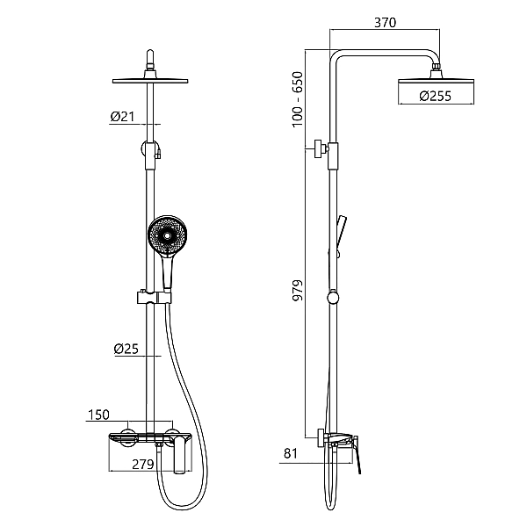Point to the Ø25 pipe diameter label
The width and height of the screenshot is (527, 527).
[x=126, y=349]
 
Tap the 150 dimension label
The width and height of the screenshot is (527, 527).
[x=98, y=414]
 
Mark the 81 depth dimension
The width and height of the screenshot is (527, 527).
[x=291, y=455]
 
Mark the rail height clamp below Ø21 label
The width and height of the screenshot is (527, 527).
[x=152, y=149]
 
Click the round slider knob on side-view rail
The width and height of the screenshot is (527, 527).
[x=332, y=297]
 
